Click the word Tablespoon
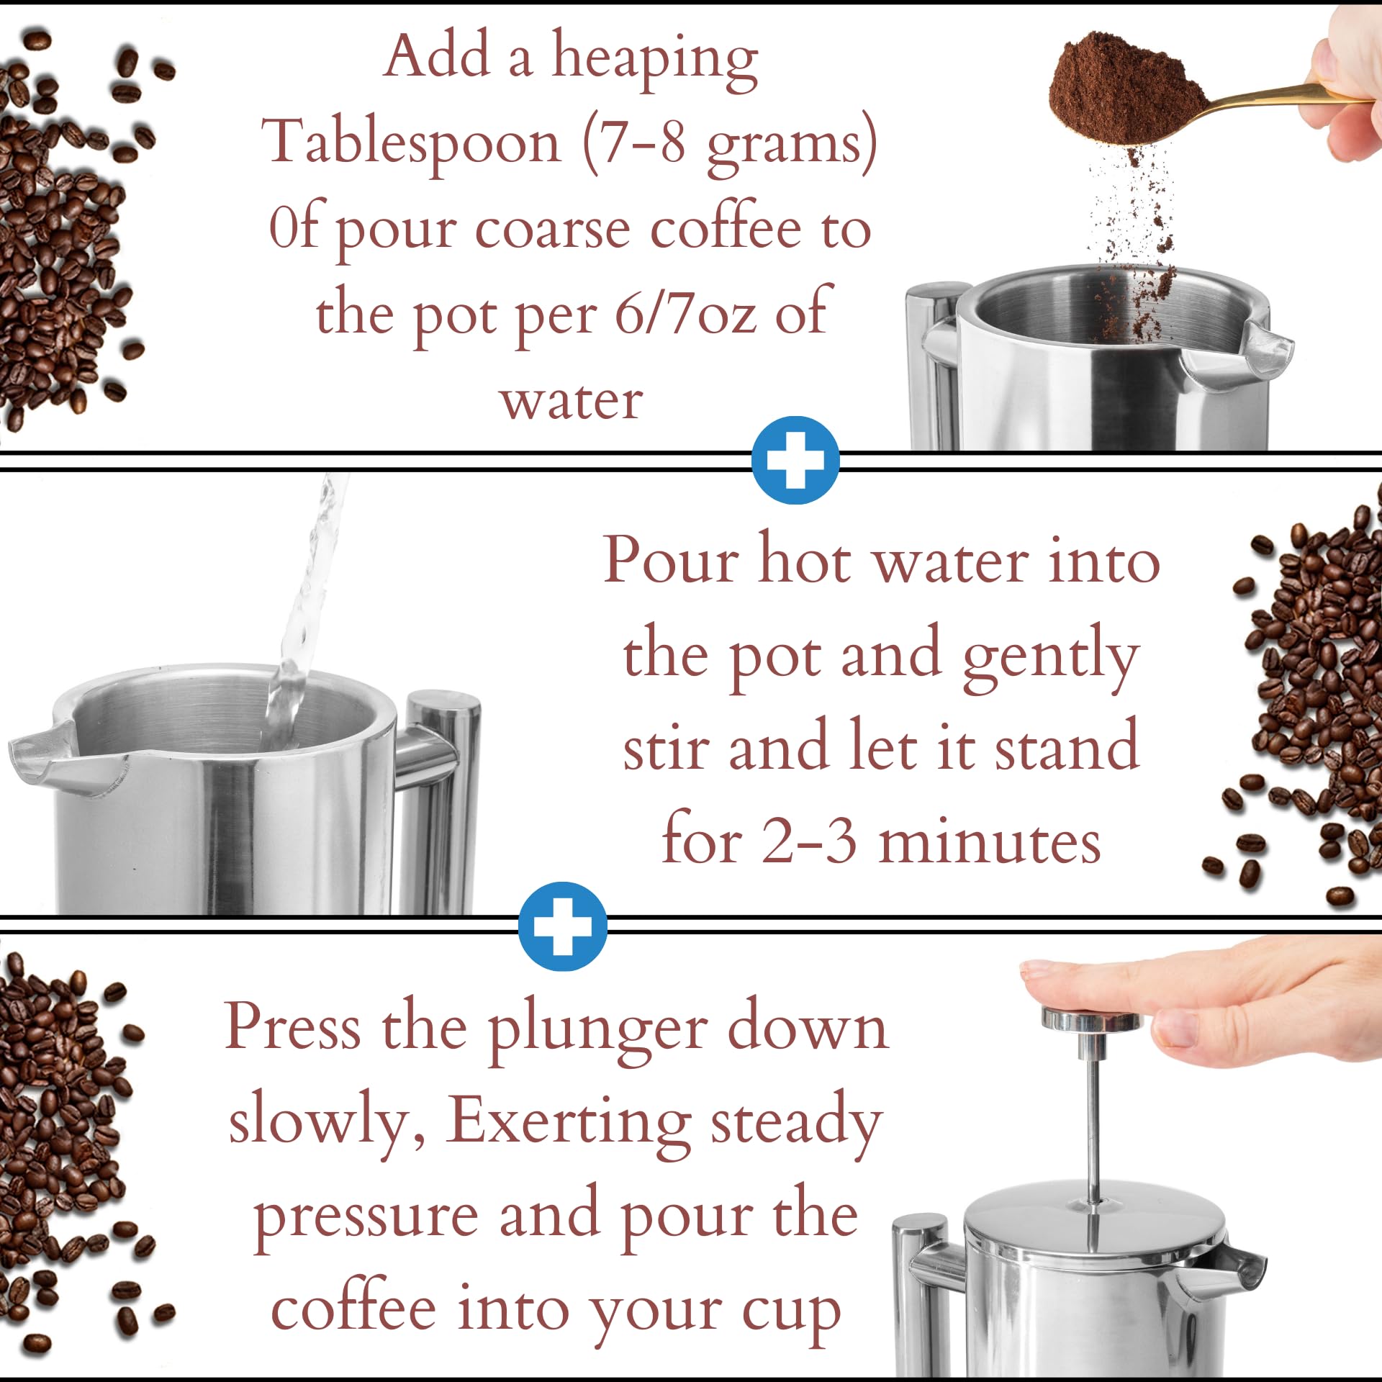[412, 143]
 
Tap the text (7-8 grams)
[730, 143]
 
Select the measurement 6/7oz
[685, 314]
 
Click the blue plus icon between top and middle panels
[795, 460]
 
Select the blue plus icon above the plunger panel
[563, 926]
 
